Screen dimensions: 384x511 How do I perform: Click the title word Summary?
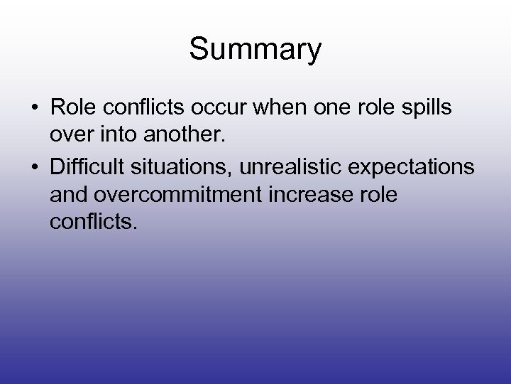pos(255,50)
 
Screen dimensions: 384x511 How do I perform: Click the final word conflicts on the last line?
pos(90,225)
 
